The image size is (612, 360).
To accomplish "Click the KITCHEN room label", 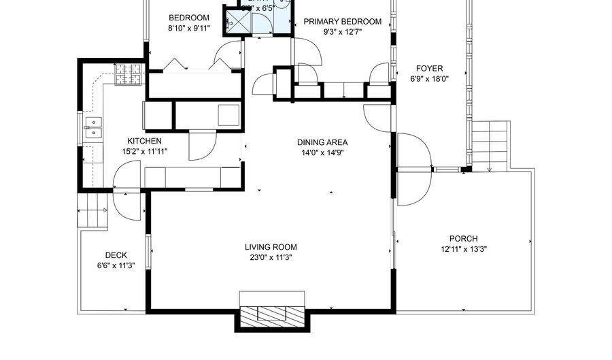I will coord(144,141).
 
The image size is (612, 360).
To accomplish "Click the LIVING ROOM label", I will coord(271,247).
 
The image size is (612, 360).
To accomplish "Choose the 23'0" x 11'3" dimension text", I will coord(271,258).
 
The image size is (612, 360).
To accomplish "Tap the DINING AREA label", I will coord(322,142).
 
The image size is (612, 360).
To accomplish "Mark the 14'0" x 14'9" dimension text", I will coord(322,153).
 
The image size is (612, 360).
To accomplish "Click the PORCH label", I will coord(463,238).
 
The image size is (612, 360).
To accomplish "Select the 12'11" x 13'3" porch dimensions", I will coord(463,249).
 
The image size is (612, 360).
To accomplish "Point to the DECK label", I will coord(116,255).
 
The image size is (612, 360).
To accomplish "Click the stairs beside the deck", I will coord(93,210).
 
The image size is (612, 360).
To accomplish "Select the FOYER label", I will coord(429,68).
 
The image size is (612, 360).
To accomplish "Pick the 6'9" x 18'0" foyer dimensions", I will coord(429,78).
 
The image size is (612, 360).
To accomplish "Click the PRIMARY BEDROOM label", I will coord(342,22).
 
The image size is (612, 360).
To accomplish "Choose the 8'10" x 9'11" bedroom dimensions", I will coord(188,29).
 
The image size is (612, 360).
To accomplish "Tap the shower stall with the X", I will coord(237,20).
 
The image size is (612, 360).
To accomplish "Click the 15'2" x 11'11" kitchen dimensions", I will coord(144,152).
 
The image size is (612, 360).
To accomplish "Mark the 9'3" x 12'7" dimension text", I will coord(342,31).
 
